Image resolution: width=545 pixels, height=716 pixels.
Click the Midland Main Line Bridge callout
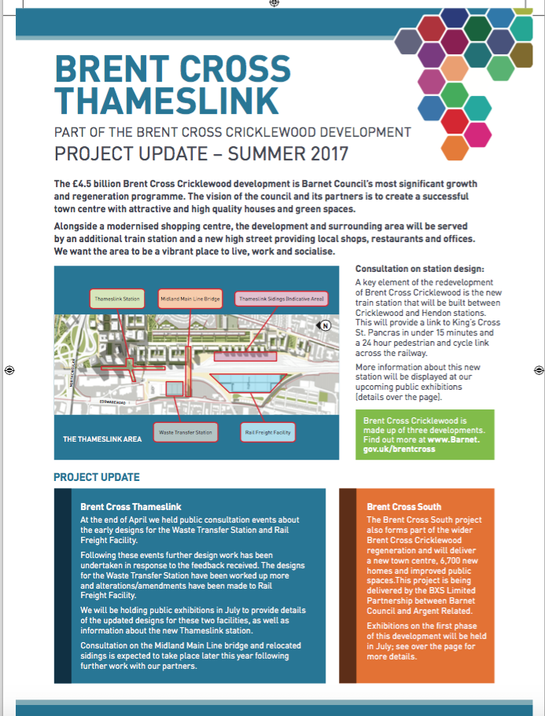[x=189, y=299]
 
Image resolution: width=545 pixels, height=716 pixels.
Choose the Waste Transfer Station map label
[x=185, y=431]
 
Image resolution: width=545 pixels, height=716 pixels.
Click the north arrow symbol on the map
[x=323, y=325]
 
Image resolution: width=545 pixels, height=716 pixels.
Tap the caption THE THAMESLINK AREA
[x=102, y=439]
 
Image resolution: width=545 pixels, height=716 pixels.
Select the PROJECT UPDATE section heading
[x=97, y=477]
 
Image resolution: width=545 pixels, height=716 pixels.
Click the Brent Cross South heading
[x=403, y=507]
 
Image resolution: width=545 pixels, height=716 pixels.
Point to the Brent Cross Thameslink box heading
[x=131, y=507]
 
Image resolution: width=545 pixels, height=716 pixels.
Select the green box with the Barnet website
[x=425, y=435]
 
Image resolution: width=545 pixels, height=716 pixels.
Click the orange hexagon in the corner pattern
[x=455, y=146]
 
